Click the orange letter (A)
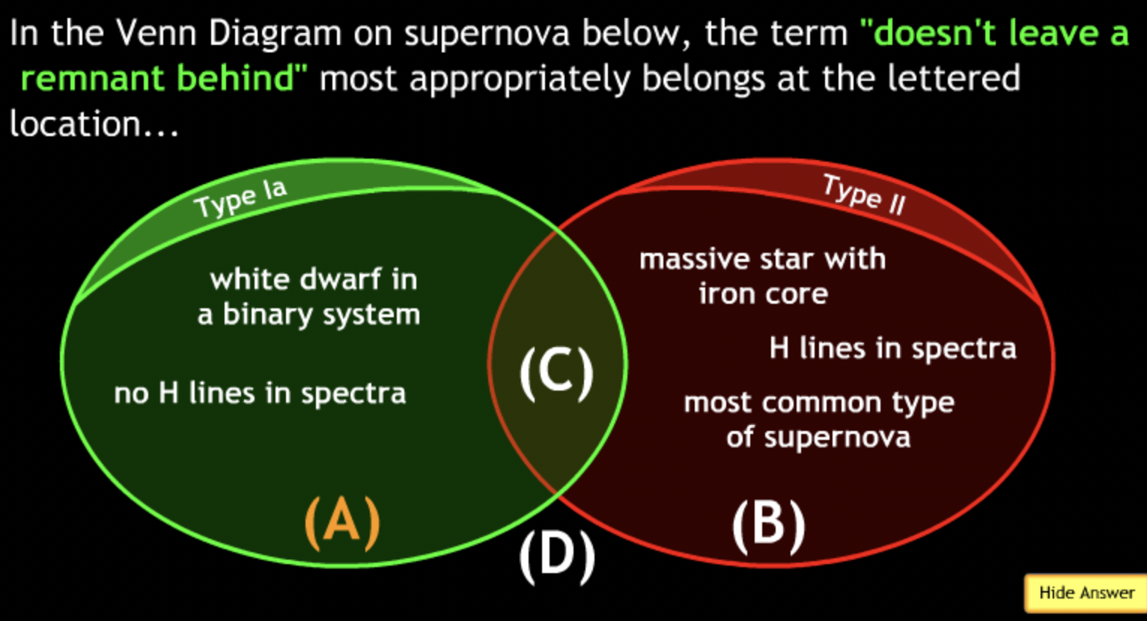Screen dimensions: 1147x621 (x=342, y=523)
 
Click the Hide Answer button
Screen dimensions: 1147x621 (x=1086, y=593)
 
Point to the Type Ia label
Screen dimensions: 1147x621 (x=240, y=198)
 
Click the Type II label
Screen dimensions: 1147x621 (x=864, y=195)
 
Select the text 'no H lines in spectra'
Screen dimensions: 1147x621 (x=260, y=394)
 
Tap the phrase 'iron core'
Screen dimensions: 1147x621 (x=764, y=294)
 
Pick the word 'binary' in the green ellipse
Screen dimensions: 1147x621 (x=267, y=314)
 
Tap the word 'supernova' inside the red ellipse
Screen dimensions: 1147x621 (x=837, y=438)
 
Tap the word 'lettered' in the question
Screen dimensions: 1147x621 (x=953, y=79)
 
